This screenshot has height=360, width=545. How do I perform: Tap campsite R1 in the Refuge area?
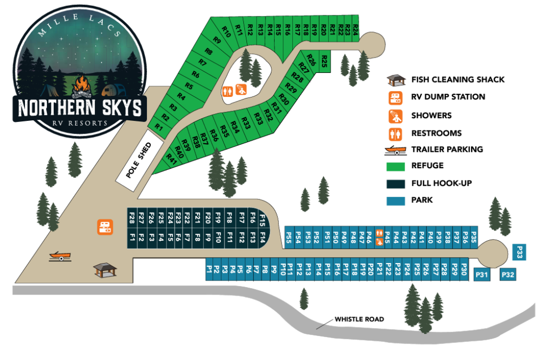click(x=159, y=126)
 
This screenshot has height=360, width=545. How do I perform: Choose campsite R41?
click(x=171, y=158)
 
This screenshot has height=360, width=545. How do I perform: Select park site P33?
click(x=520, y=252)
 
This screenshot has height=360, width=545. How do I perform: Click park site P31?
click(x=482, y=275)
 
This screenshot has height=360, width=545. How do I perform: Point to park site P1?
click(x=209, y=270)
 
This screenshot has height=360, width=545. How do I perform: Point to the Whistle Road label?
click(x=359, y=320)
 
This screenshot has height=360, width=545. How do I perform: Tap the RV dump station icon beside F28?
click(x=105, y=227)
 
